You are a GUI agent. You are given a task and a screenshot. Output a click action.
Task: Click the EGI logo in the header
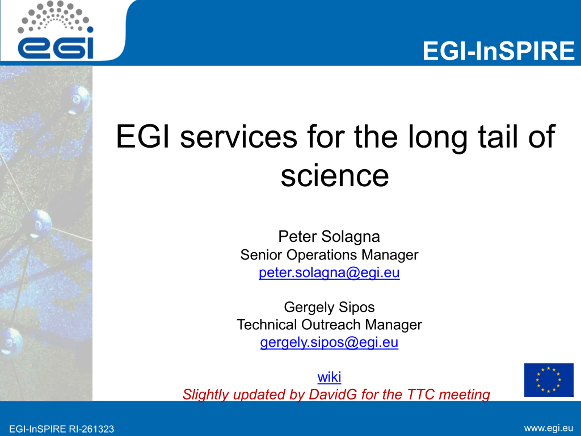(55, 30)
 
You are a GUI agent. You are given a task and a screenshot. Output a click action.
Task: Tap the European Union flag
(549, 380)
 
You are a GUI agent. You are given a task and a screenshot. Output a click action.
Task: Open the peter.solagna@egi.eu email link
(329, 272)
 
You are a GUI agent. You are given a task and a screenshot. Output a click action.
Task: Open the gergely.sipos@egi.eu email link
(329, 342)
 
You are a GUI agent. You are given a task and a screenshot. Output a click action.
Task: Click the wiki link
(329, 377)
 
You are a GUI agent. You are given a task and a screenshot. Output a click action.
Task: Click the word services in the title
(239, 137)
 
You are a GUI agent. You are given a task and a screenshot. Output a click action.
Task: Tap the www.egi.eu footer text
(548, 428)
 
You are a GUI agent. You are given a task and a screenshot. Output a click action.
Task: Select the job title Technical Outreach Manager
(329, 325)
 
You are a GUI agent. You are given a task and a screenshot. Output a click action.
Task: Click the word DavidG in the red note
(332, 394)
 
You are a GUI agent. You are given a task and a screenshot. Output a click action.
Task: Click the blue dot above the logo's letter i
(90, 30)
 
